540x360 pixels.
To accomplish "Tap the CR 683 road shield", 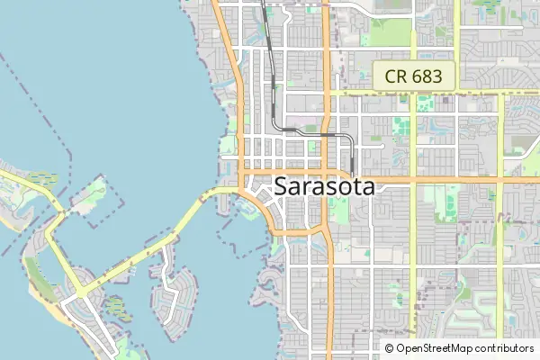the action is pyautogui.click(x=414, y=76).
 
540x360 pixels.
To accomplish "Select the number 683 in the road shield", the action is pyautogui.click(x=426, y=76).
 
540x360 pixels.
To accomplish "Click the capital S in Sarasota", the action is pyautogui.click(x=280, y=187).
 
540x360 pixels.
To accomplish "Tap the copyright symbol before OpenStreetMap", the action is pyautogui.click(x=390, y=348).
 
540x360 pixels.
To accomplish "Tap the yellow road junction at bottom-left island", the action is pyautogui.click(x=82, y=292).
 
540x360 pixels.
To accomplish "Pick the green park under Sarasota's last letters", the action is pyautogui.click(x=339, y=211).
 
